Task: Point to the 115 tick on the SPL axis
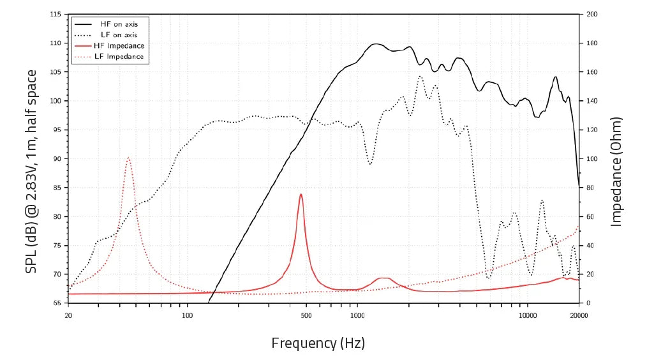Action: tap(56, 14)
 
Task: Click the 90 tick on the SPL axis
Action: tap(57, 159)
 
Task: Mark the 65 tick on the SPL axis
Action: tap(57, 303)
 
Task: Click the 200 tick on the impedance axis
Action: tap(591, 14)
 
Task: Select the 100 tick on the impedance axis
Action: tap(591, 159)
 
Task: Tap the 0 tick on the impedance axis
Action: tap(588, 303)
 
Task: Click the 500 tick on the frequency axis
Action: tap(306, 315)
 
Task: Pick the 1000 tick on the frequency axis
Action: tap(357, 315)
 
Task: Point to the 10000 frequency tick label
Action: tap(527, 315)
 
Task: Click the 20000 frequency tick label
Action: tap(578, 315)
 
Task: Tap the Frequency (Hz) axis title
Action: tap(318, 343)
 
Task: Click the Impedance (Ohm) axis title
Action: tap(616, 171)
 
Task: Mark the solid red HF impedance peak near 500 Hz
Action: tap(301, 194)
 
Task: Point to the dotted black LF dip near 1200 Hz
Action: tap(370, 164)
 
